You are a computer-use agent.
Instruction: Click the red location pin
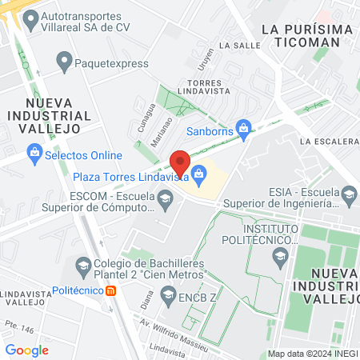click(181, 163)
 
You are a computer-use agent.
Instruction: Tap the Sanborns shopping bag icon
click(245, 126)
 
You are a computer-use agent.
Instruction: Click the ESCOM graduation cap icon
click(164, 198)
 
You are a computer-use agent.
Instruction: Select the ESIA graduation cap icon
click(349, 194)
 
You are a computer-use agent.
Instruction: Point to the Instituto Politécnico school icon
click(280, 256)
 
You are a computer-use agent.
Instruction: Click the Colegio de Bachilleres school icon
click(82, 264)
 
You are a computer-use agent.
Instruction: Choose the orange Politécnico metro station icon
click(111, 290)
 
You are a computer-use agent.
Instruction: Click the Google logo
click(27, 350)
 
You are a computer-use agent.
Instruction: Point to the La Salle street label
click(239, 46)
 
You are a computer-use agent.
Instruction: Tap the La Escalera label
click(328, 142)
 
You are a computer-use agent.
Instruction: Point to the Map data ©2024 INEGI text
click(311, 354)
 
